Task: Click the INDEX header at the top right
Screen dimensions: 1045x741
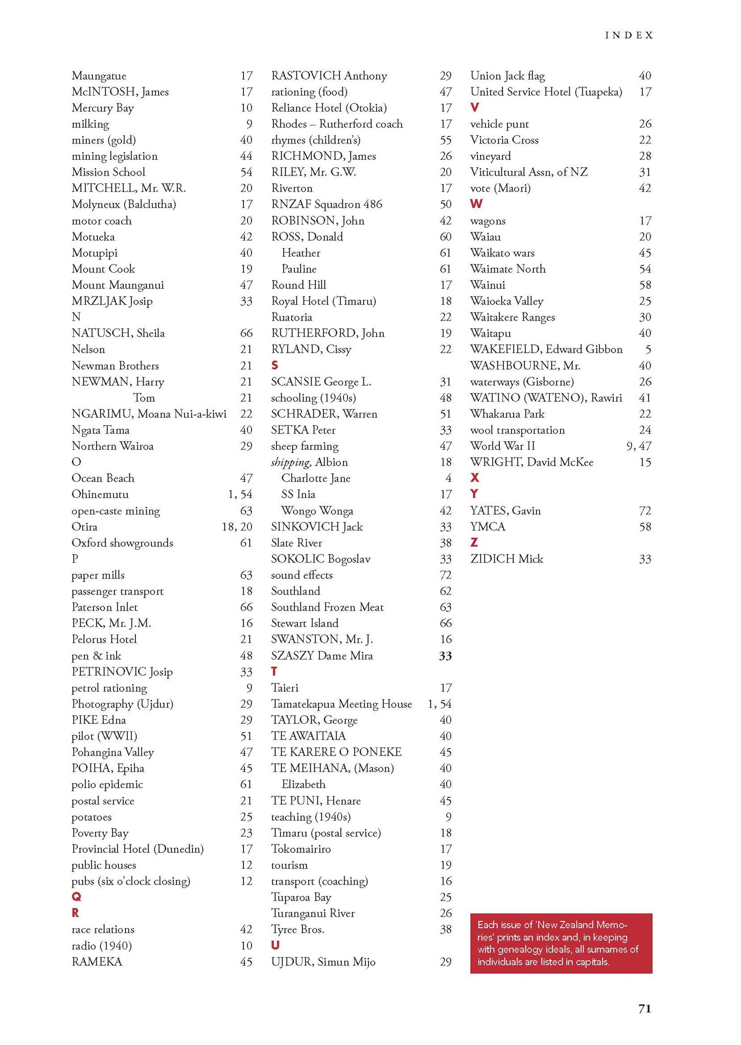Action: click(x=629, y=35)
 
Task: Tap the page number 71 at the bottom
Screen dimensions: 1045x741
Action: click(x=644, y=1008)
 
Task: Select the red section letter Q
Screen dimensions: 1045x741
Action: click(x=76, y=897)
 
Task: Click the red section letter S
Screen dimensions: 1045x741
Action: click(x=275, y=365)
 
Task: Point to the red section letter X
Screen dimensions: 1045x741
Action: click(x=475, y=478)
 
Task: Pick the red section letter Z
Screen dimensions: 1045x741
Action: click(x=474, y=542)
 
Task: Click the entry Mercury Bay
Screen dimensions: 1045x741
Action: click(x=103, y=108)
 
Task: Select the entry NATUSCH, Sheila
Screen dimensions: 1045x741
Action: click(x=118, y=333)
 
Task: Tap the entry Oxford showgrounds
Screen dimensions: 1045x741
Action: click(x=122, y=543)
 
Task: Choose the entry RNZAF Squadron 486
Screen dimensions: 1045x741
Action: click(x=327, y=204)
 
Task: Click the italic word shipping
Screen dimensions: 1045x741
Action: click(x=291, y=463)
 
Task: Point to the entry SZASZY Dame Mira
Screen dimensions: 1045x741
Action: click(x=322, y=655)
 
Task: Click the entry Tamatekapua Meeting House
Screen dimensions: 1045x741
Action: click(x=341, y=704)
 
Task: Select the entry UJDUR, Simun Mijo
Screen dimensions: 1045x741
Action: click(x=323, y=962)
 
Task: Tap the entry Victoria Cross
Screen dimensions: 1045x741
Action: click(x=504, y=140)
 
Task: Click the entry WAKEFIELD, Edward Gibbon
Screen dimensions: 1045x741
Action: click(x=546, y=349)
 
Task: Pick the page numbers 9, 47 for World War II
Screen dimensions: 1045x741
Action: click(x=639, y=446)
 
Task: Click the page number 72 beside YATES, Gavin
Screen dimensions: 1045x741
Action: click(x=645, y=511)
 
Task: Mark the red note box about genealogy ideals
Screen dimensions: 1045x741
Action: click(x=561, y=943)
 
